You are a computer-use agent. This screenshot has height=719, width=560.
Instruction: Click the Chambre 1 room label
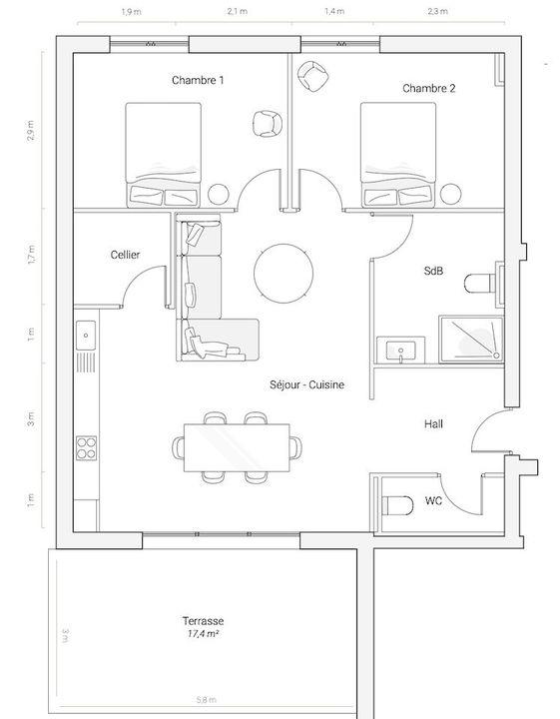click(197, 80)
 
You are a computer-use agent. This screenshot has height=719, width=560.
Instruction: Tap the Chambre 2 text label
click(429, 89)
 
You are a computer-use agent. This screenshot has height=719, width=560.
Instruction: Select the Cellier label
click(125, 255)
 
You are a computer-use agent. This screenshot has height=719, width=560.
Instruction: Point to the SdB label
click(433, 272)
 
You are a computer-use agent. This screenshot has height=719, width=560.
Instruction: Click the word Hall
click(433, 424)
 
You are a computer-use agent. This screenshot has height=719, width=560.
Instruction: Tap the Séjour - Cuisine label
click(306, 384)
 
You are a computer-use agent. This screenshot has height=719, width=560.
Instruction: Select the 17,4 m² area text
click(204, 634)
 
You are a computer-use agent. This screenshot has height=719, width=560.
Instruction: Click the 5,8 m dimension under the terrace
click(204, 701)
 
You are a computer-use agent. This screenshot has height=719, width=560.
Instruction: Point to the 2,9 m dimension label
click(32, 130)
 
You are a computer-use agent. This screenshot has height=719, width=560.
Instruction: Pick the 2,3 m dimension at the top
click(437, 12)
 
